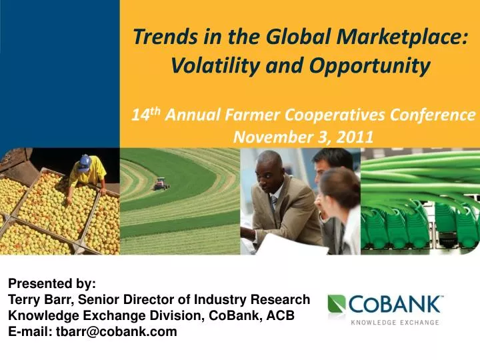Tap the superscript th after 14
pyautogui.click(x=155, y=111)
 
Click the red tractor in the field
pyautogui.click(x=160, y=184)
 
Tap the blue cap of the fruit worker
pyautogui.click(x=85, y=161)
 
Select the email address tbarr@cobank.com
pyautogui.click(x=117, y=331)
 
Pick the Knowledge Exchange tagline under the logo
pyautogui.click(x=395, y=323)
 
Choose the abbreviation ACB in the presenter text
pyautogui.click(x=282, y=315)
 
